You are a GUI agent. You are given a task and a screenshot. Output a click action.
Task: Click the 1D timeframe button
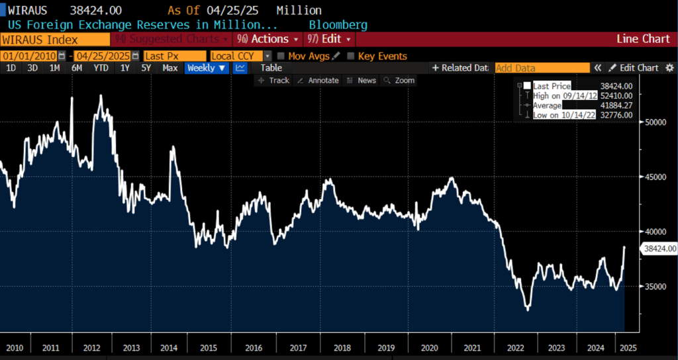11,68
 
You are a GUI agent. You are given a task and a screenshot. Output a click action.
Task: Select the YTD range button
101,68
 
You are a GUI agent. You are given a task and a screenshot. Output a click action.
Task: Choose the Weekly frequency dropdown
207,68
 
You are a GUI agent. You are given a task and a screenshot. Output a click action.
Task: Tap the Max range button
169,68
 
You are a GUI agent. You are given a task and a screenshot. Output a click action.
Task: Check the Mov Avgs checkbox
281,56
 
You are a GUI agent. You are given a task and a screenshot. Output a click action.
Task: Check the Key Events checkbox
351,56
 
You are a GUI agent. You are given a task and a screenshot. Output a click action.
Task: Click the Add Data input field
542,68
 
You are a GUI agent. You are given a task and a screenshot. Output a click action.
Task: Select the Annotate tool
318,81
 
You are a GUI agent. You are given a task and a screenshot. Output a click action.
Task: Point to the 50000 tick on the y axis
655,122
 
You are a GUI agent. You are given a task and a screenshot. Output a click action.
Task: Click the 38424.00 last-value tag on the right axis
659,249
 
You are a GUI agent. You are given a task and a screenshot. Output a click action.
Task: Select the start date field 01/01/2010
32,56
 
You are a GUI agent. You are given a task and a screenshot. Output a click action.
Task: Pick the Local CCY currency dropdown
240,56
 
